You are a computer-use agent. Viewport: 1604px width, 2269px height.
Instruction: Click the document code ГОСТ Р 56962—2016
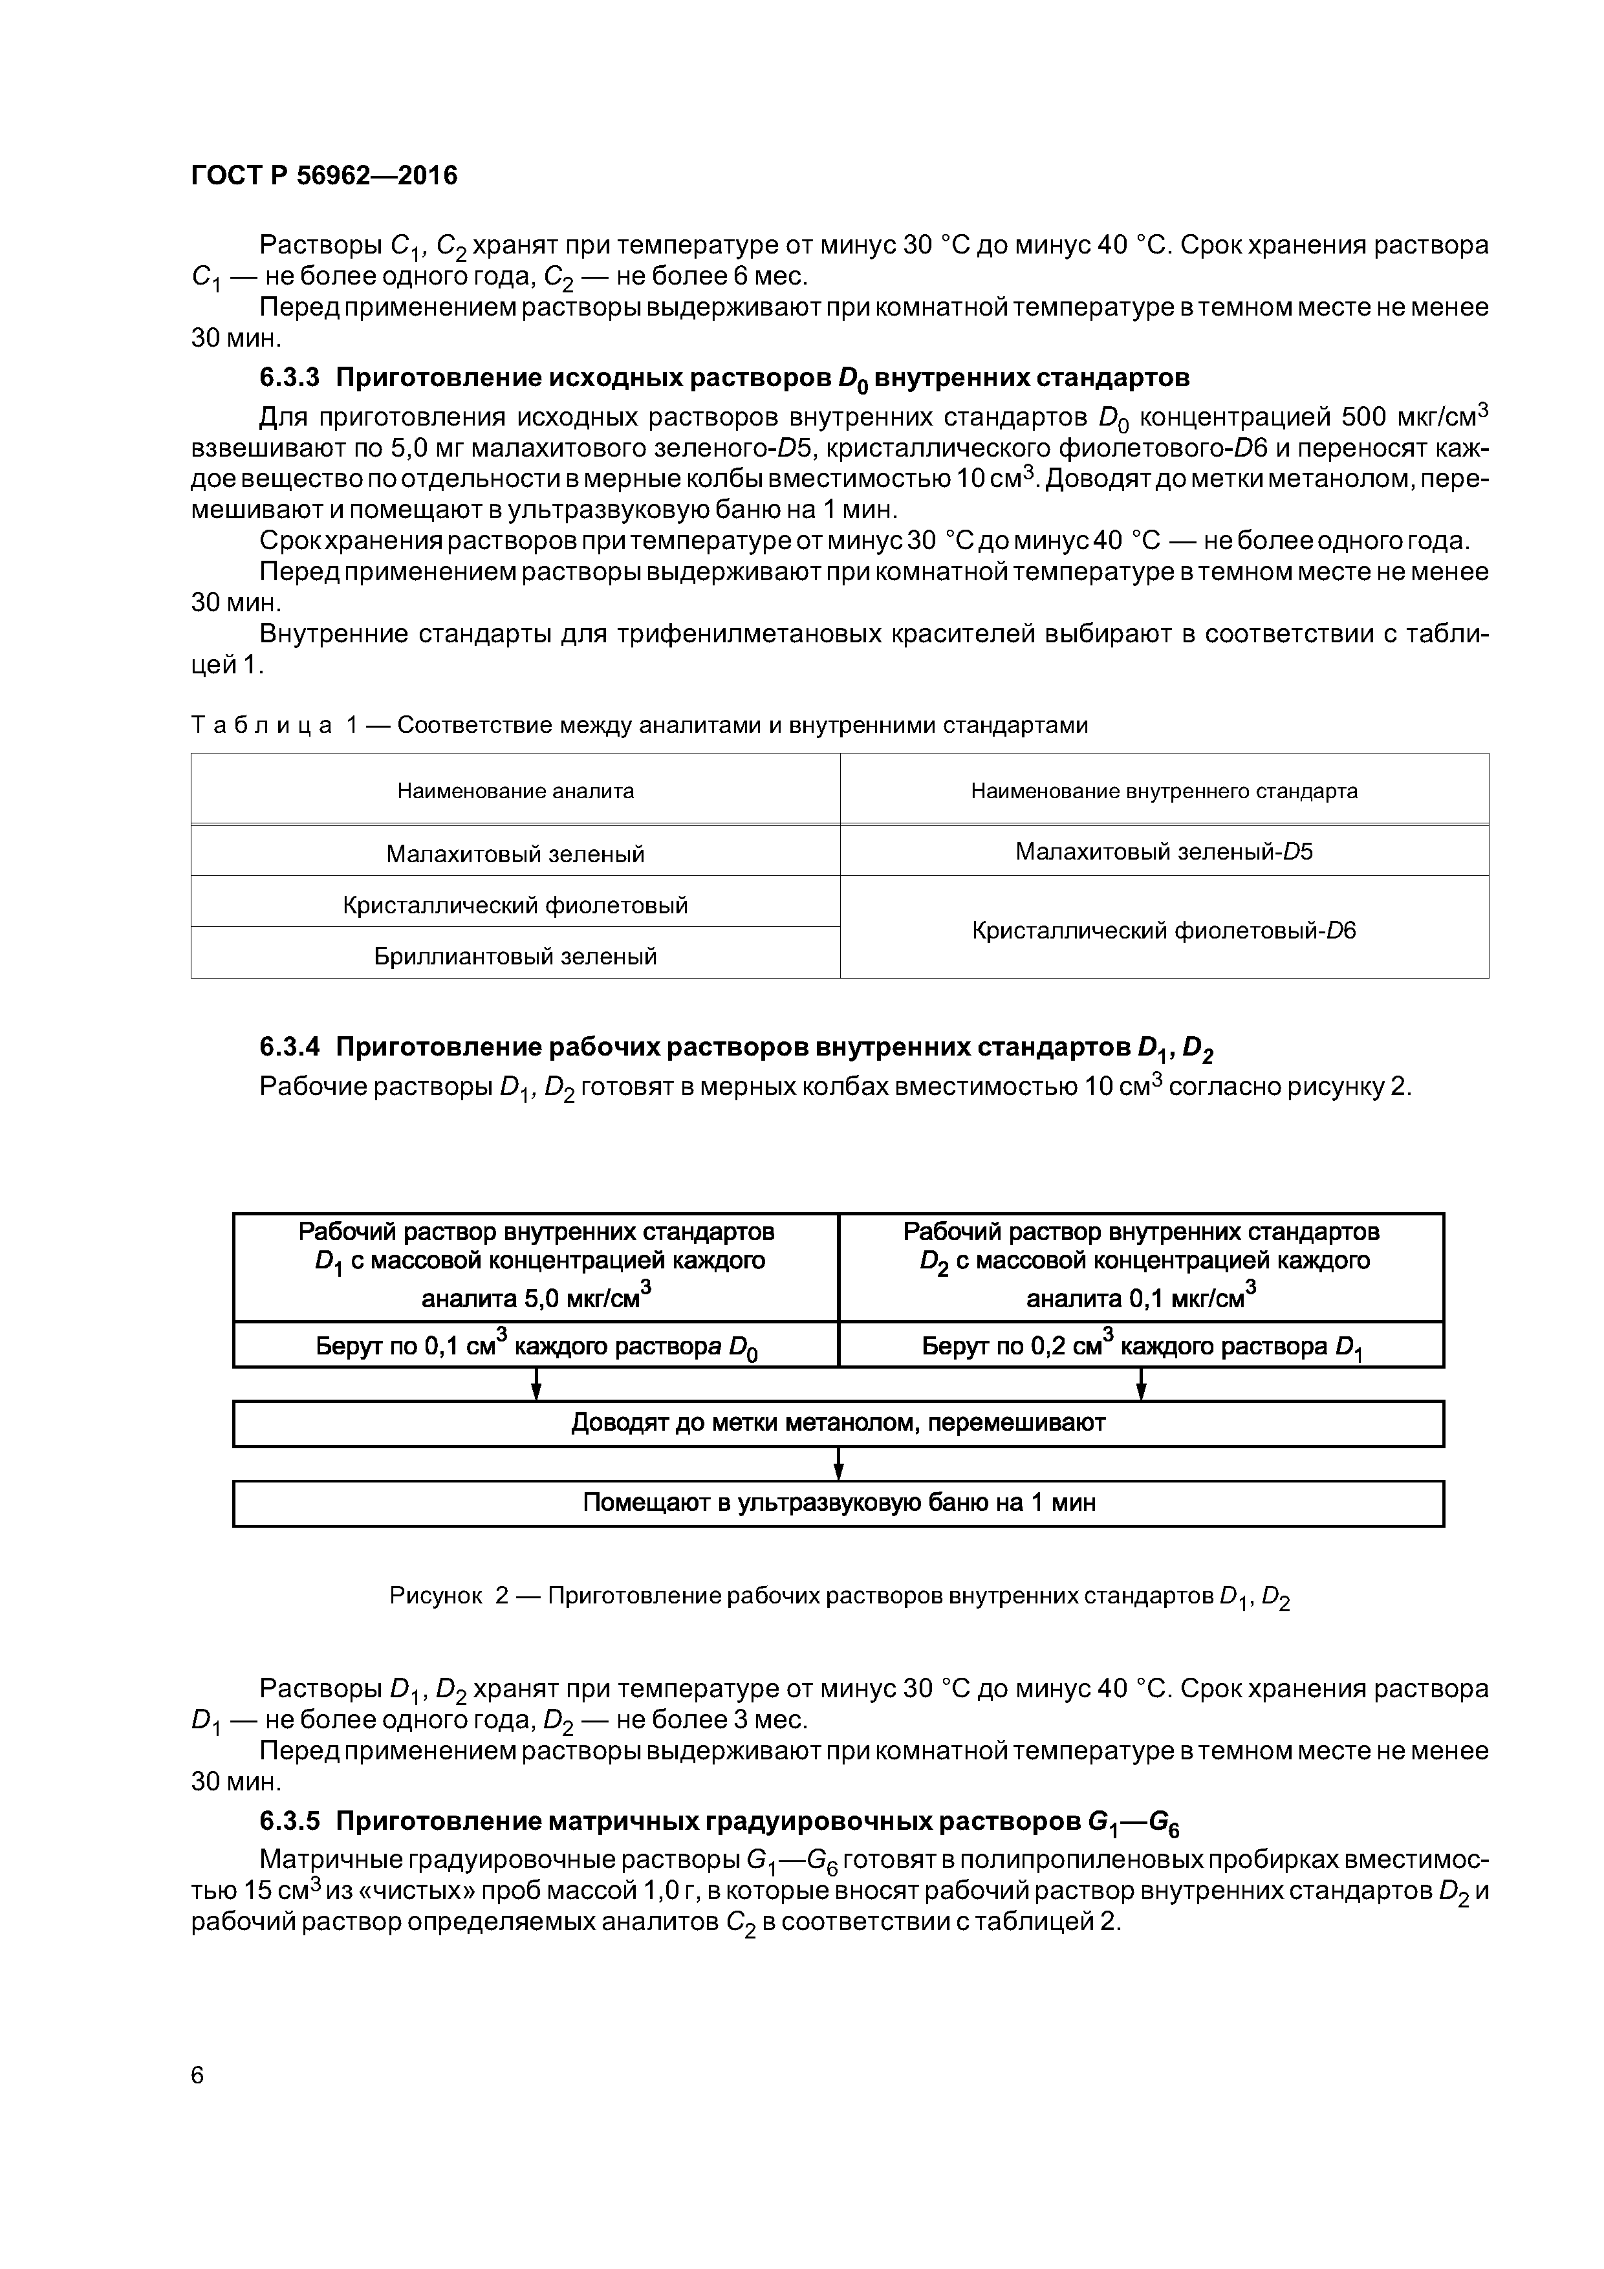point(324,176)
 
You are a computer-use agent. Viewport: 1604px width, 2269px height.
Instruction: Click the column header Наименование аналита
point(515,790)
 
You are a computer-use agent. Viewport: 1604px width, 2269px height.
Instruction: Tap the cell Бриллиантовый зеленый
point(515,955)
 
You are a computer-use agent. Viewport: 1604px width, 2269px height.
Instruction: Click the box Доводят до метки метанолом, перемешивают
point(838,1423)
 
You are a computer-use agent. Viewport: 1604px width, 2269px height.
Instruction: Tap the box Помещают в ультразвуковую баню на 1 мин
point(838,1503)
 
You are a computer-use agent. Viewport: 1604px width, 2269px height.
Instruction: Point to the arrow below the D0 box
point(536,1384)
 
